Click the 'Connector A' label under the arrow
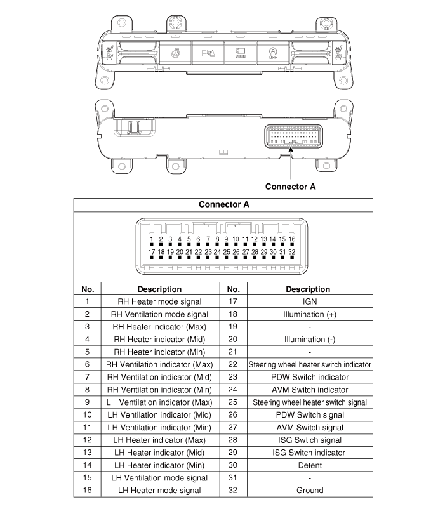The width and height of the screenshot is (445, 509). [290, 187]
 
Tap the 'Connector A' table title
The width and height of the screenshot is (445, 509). [224, 204]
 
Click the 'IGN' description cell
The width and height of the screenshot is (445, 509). [310, 301]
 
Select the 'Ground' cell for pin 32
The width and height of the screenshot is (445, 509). [310, 490]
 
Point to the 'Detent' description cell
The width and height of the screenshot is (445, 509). [310, 465]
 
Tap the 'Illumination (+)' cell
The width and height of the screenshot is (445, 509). [310, 314]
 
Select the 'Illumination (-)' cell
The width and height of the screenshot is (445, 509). [310, 340]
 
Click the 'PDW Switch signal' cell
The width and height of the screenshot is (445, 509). [310, 415]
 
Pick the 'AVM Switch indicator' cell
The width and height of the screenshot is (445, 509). [310, 390]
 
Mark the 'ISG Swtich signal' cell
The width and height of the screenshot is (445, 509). [310, 440]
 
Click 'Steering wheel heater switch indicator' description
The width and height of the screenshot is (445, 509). [310, 365]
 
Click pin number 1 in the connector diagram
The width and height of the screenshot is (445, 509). [152, 239]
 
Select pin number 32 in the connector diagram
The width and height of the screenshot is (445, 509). [291, 252]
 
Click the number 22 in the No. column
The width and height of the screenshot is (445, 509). [233, 365]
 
